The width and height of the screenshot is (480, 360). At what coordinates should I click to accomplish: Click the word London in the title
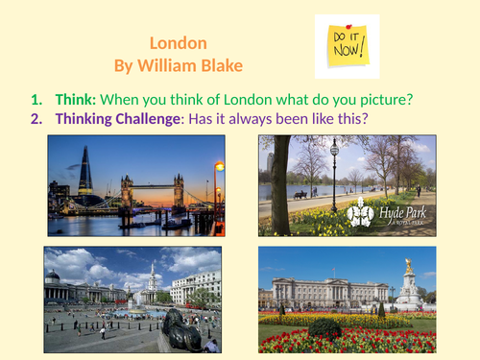coord(179,44)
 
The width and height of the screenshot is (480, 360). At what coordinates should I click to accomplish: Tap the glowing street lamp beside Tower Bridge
coord(219,168)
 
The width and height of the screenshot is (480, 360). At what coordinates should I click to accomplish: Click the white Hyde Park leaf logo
coord(360,214)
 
